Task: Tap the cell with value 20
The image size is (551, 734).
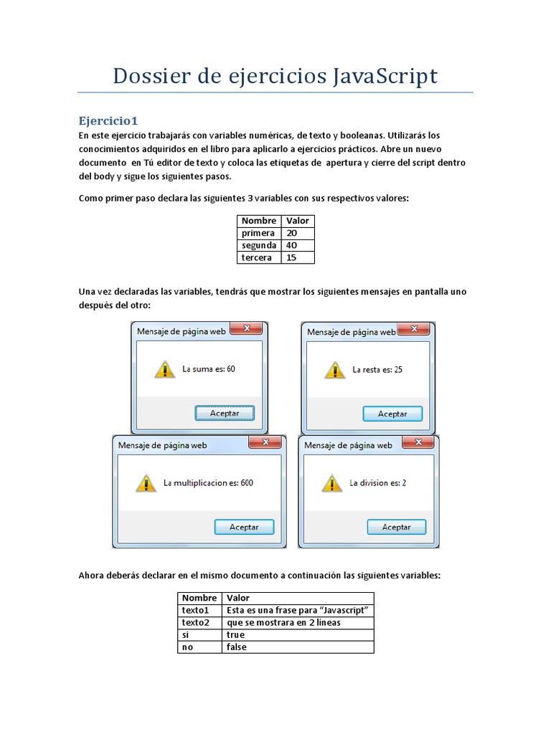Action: click(x=298, y=233)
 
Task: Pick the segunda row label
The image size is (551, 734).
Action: click(x=259, y=245)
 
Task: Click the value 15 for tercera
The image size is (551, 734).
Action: click(x=298, y=257)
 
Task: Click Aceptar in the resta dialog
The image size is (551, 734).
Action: click(x=392, y=414)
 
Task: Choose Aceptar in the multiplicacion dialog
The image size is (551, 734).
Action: click(x=244, y=527)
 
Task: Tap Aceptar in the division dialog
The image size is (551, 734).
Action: click(x=396, y=527)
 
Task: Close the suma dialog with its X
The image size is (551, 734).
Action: click(x=248, y=329)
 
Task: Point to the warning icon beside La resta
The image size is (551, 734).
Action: click(x=334, y=370)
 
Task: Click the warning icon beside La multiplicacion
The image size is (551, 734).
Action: click(x=146, y=483)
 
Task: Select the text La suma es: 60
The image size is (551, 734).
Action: click(x=209, y=370)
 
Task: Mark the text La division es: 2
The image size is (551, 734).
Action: click(x=378, y=483)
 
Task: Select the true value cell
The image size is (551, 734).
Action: click(x=298, y=634)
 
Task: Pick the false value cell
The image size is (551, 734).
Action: click(x=298, y=647)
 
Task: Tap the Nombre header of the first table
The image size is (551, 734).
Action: click(x=259, y=221)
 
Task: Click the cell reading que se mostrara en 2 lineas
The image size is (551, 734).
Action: click(x=298, y=622)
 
